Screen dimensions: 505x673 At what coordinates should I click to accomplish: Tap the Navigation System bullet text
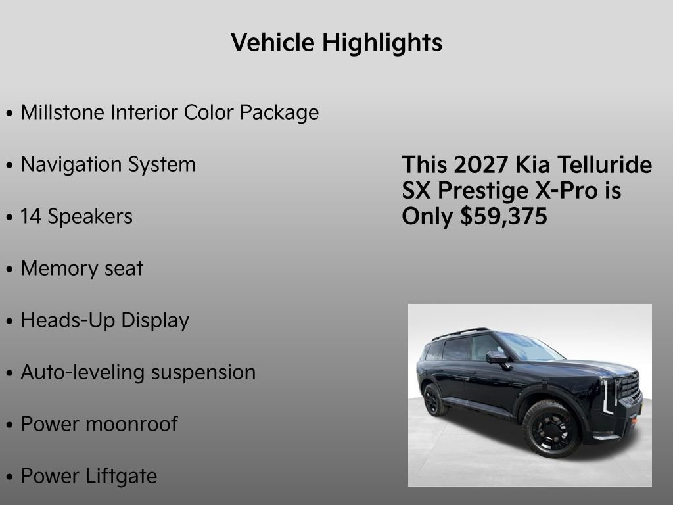tap(108, 164)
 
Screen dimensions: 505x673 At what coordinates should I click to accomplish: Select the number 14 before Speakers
tap(30, 216)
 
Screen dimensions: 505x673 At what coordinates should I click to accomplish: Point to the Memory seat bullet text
tap(81, 268)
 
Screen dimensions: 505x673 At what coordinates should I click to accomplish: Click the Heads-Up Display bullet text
tap(104, 320)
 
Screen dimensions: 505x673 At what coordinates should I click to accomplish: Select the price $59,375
tap(503, 216)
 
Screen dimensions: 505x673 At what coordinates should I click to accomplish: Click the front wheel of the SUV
tap(551, 429)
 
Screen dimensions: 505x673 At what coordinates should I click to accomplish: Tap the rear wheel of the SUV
tap(434, 400)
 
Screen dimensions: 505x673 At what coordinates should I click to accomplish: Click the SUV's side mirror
tap(496, 357)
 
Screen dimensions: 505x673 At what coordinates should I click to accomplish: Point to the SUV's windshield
tap(530, 347)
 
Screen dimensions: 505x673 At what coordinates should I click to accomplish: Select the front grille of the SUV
tap(630, 388)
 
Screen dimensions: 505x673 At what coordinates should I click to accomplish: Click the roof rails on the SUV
tap(460, 333)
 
